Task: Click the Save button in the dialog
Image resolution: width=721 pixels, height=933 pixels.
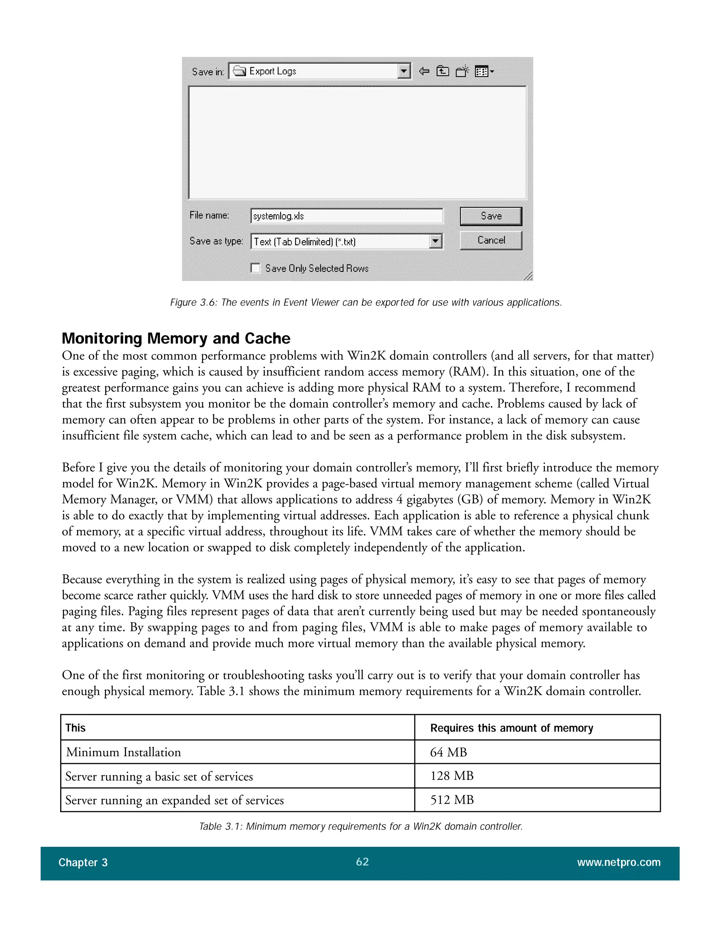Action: [x=490, y=216]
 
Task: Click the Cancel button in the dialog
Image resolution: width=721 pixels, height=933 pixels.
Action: [x=490, y=240]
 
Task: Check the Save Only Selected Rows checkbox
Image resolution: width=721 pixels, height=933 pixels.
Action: [x=256, y=268]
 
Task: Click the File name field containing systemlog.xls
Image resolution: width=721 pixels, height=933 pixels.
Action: [x=346, y=216]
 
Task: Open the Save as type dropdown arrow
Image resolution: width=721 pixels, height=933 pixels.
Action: [x=435, y=242]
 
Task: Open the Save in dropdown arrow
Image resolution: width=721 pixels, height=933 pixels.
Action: [x=403, y=71]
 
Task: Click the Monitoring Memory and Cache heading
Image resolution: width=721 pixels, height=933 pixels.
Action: [x=176, y=338]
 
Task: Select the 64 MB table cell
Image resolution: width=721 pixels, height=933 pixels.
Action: [x=448, y=752]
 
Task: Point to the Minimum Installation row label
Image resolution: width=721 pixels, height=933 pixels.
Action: [x=124, y=752]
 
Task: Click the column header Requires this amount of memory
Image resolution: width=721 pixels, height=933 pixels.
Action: [x=511, y=728]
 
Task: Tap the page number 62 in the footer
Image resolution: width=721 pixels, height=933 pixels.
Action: [x=362, y=862]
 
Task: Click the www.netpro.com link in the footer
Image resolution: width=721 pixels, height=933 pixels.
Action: [x=619, y=862]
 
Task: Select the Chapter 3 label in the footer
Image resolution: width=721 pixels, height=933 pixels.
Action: [x=83, y=863]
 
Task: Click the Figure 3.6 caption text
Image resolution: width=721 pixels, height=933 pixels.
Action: [x=366, y=302]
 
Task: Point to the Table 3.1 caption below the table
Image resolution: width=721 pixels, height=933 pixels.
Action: [x=361, y=827]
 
